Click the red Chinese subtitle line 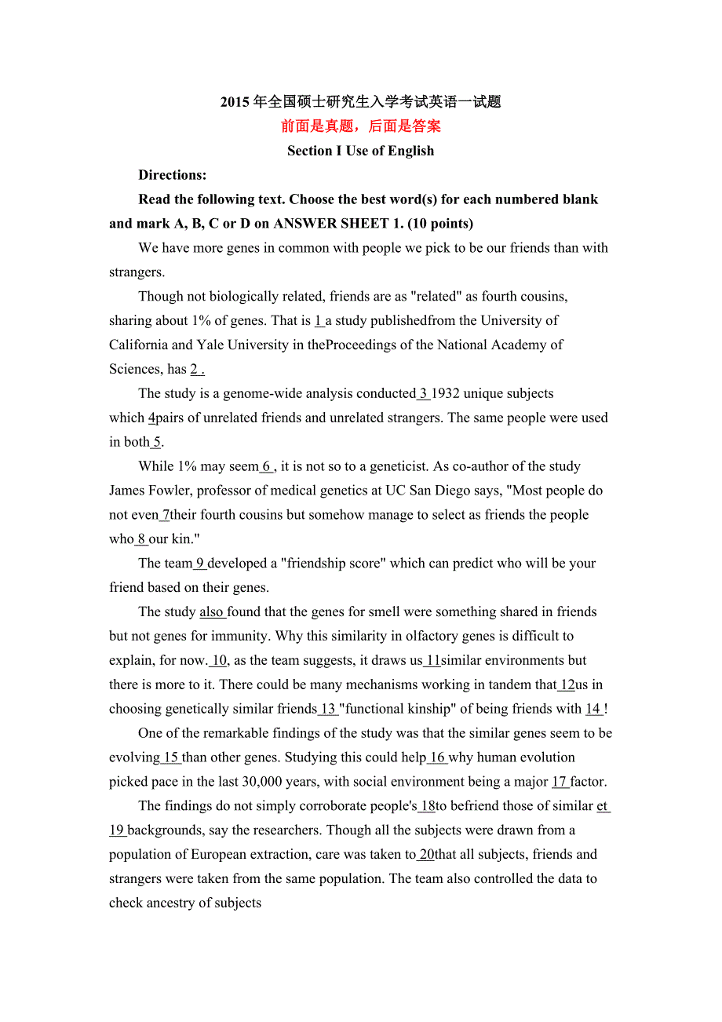(x=360, y=126)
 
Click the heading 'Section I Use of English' (x=360, y=151)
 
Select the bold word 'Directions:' (x=173, y=175)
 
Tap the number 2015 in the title (x=235, y=102)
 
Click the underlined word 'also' (x=212, y=611)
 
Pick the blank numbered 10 (x=219, y=660)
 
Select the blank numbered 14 (x=593, y=709)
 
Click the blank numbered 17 (x=560, y=782)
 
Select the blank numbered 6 (x=267, y=466)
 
